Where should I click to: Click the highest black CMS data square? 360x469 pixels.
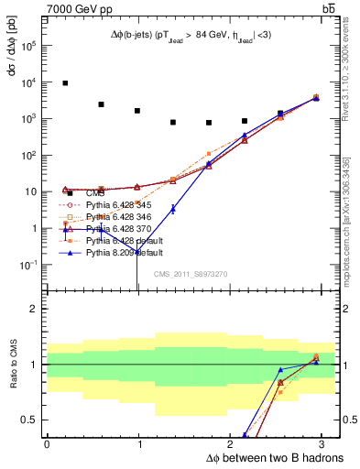click(65, 83)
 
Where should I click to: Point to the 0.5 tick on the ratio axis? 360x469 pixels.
click(31, 420)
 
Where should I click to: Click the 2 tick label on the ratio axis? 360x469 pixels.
click(35, 309)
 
